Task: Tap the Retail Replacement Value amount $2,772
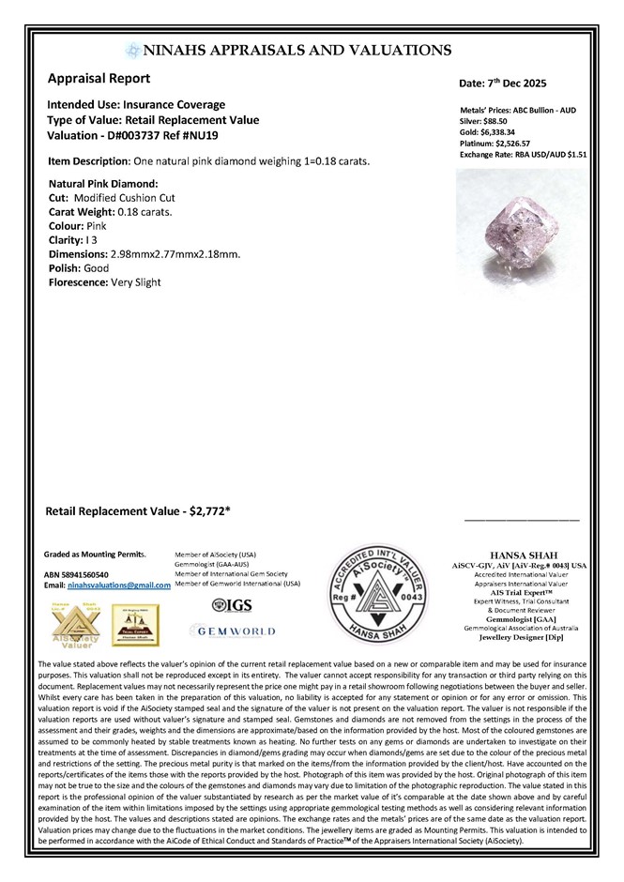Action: coord(210,512)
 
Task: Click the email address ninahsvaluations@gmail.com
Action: coord(117,585)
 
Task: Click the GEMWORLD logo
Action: coord(231,633)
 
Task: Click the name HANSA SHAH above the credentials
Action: coord(525,555)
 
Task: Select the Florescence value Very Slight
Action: coord(136,282)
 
